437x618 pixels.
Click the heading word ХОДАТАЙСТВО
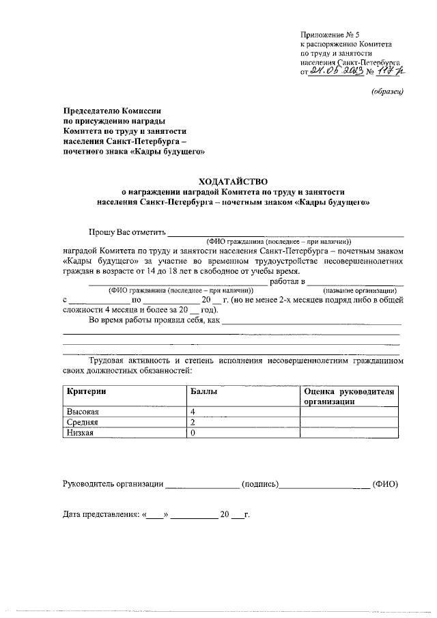click(x=234, y=182)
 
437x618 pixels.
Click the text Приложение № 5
click(x=330, y=33)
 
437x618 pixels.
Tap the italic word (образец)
click(x=388, y=92)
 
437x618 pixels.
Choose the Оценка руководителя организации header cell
click(x=348, y=397)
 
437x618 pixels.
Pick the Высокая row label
click(x=83, y=412)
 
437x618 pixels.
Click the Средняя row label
click(x=83, y=423)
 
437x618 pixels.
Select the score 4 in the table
click(x=194, y=412)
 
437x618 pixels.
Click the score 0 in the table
click(x=194, y=433)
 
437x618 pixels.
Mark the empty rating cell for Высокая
click(x=348, y=412)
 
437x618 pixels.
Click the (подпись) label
click(x=259, y=484)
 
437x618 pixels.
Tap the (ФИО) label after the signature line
click(x=385, y=484)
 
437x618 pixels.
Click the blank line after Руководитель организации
click(x=203, y=486)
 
